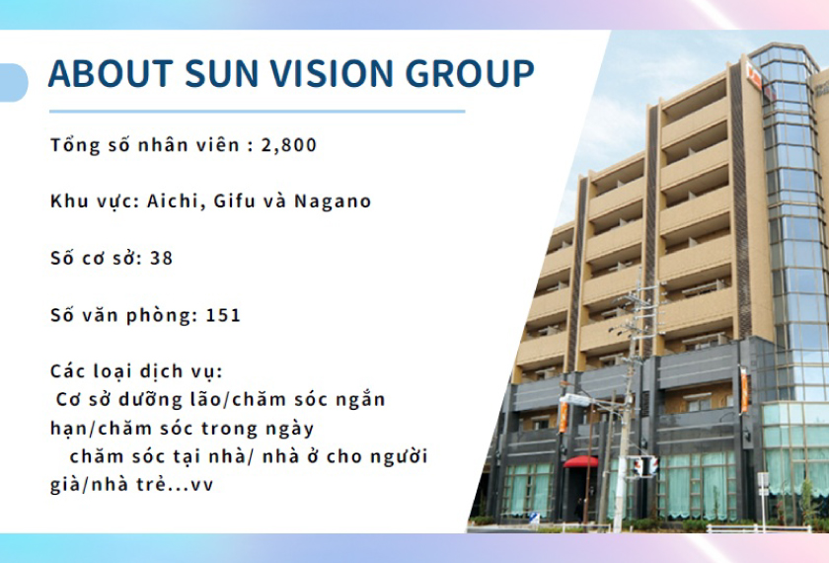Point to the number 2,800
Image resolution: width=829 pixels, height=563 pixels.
point(289,145)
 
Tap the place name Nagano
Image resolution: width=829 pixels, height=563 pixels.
point(337,201)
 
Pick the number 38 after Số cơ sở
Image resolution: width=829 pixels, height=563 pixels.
point(162,259)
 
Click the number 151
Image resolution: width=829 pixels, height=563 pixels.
point(223,316)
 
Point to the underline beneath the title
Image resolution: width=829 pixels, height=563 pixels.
point(257,112)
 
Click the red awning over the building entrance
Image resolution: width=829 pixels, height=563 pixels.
point(580,461)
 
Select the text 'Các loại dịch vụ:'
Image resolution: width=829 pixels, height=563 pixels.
point(137,372)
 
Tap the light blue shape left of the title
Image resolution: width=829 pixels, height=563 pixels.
point(13,82)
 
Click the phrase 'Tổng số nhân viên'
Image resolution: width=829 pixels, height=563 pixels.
point(144,145)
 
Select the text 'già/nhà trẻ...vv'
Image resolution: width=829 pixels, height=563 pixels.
point(131,486)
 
